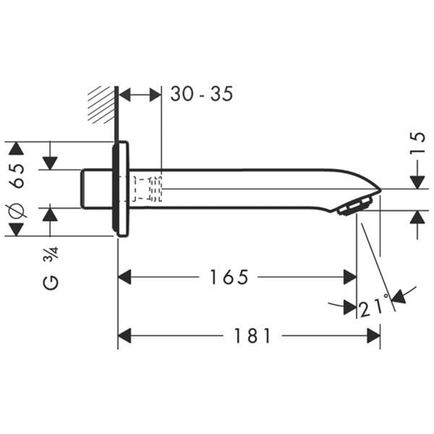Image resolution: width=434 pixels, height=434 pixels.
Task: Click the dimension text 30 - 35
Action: click(x=201, y=94)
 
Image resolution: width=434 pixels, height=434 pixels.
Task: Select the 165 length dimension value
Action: click(x=228, y=277)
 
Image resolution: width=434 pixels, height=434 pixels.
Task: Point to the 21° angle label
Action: click(x=374, y=307)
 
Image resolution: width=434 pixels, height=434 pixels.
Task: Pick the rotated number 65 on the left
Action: click(x=17, y=175)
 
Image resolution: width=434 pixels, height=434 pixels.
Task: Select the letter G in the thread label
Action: click(x=50, y=282)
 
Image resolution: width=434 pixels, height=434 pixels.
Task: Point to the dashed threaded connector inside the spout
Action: click(x=146, y=188)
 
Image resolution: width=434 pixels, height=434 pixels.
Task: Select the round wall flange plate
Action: click(x=122, y=189)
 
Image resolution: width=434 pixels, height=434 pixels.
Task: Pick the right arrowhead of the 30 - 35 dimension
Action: click(x=155, y=95)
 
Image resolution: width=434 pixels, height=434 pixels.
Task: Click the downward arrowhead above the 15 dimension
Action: click(x=417, y=183)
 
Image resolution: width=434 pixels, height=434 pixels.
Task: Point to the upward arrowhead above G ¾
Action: click(x=50, y=214)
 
